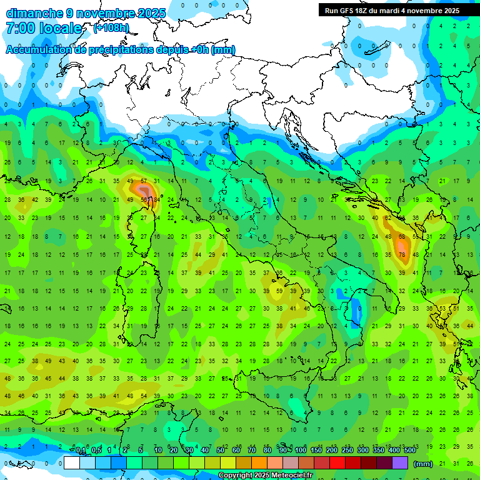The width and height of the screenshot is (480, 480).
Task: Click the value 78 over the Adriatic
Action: tap(402, 254)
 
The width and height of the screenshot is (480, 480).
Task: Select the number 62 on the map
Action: tap(388, 218)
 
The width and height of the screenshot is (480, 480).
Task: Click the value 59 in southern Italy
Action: tap(279, 291)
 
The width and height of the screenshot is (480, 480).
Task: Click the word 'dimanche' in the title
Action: tap(34, 12)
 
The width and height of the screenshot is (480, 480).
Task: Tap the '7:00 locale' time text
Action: tap(44, 28)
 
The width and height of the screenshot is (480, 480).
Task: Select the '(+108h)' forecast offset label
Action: tap(111, 27)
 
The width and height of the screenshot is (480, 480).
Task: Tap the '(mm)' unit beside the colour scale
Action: tap(423, 464)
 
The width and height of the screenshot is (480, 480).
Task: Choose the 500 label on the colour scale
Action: tap(409, 451)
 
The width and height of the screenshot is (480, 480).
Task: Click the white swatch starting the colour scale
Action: tap(72, 462)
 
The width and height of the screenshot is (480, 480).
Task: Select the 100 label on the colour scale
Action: tap(301, 451)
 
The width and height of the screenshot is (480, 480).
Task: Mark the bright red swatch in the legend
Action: tap(337, 462)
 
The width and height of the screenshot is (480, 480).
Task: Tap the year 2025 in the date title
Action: tap(151, 12)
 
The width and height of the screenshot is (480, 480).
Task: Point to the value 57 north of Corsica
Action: tap(144, 181)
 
